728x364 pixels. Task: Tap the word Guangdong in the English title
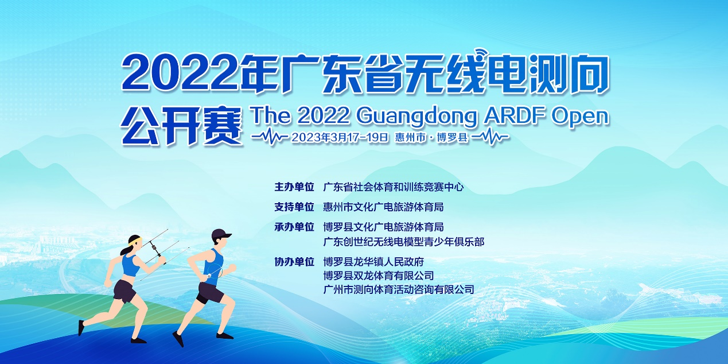point(417,117)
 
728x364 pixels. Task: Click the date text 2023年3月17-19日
point(340,138)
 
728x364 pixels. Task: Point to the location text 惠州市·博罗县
point(431,138)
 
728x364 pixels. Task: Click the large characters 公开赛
point(182,125)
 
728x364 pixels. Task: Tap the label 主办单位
point(294,187)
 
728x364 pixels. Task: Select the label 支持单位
point(294,207)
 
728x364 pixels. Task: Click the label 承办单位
point(294,227)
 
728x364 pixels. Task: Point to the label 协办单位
point(294,262)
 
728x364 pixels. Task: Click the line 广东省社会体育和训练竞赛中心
point(393,187)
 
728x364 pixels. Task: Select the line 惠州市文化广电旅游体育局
point(383,207)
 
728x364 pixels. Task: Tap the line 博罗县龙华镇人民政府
point(373,262)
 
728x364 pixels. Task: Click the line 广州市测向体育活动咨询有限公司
point(399,289)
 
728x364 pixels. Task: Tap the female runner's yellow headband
point(135,242)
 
